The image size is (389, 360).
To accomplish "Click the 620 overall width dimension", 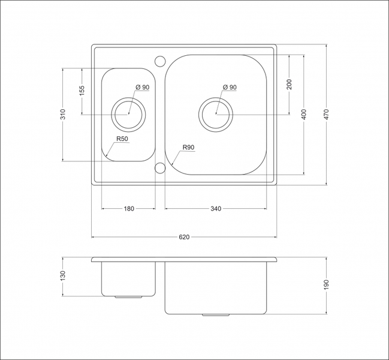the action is tap(184, 237).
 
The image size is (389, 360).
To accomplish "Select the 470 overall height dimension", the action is tap(326, 115).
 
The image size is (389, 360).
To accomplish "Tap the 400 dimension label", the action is tap(304, 115).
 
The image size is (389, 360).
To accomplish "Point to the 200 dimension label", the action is tap(290, 85).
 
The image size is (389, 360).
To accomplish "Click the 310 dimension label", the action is tap(63, 114).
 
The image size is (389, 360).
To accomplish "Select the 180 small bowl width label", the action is tap(129, 209).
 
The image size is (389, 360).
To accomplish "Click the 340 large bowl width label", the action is tap(216, 209).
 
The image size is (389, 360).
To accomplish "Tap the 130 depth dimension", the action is tap(63, 276).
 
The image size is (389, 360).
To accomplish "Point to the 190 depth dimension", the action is tap(326, 285).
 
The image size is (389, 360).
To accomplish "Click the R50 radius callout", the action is tap(122, 139).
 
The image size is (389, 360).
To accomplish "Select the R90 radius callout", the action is tap(189, 147).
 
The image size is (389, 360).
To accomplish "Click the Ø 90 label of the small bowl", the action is tap(143, 87).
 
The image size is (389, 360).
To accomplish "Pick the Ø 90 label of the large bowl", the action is tap(230, 87).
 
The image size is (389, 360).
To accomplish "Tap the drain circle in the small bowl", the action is tap(128, 98).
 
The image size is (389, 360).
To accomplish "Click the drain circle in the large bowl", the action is tap(216, 98).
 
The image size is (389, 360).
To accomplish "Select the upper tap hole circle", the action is tap(160, 56).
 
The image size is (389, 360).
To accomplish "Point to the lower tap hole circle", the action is tap(160, 163).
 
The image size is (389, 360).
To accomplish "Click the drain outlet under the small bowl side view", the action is tap(128, 297).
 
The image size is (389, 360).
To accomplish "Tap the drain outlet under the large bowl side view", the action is tap(216, 315).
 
